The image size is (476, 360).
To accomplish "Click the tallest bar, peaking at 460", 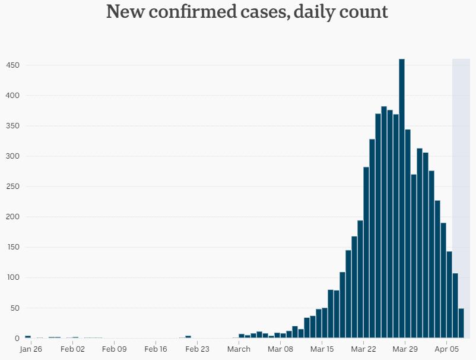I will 402,196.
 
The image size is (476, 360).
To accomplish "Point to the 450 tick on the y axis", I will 13,65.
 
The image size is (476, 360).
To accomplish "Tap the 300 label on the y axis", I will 13,156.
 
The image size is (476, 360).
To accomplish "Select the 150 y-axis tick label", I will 13,247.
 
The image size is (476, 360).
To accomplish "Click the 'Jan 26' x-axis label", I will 31,349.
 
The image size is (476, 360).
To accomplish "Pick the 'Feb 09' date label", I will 114,349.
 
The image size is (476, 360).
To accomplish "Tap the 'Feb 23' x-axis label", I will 197,349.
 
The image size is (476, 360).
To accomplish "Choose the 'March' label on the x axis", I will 239,349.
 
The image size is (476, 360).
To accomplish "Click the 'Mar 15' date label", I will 321,349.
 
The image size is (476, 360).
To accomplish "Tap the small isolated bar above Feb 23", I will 188,337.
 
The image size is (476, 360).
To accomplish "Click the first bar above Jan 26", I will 28,337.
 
